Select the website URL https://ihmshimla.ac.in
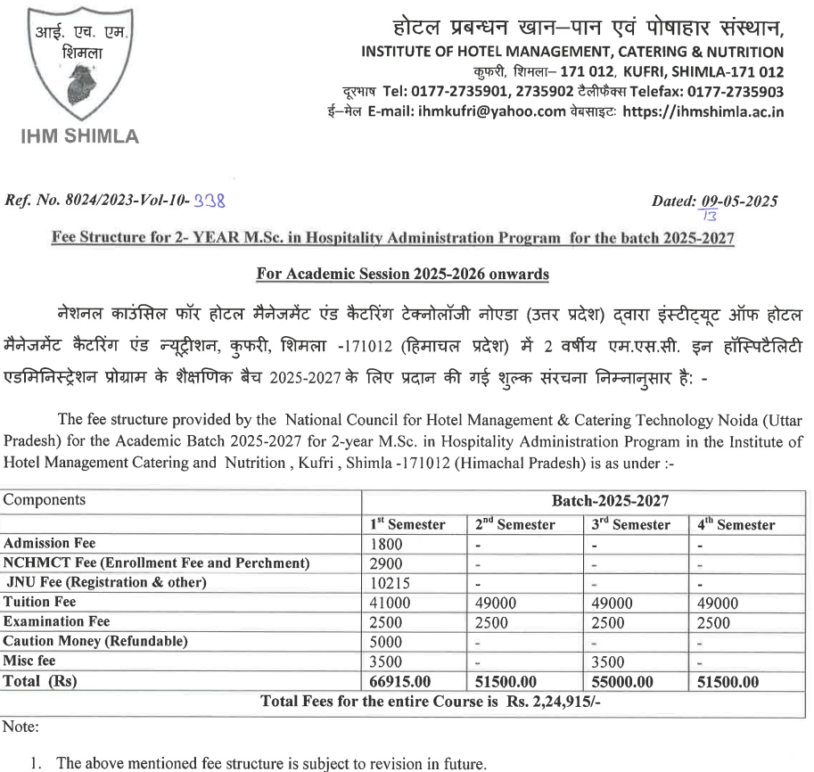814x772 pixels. coord(703,111)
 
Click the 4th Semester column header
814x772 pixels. coord(736,525)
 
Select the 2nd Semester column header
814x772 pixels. coord(514,525)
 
